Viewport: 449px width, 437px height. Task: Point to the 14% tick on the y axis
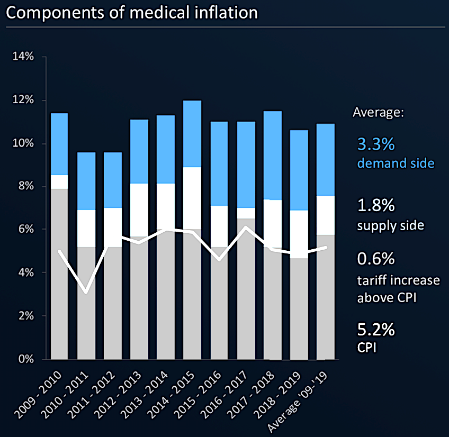(x=23, y=57)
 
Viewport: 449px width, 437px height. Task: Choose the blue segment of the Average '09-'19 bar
(x=326, y=159)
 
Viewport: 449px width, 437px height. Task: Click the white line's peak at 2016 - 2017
(x=246, y=227)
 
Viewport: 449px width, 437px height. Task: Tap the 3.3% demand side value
(x=376, y=144)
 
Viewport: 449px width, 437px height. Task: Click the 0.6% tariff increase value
(x=375, y=260)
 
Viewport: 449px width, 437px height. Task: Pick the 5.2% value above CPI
(x=375, y=330)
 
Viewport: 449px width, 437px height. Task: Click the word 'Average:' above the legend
(x=378, y=113)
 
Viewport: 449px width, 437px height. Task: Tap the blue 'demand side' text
(x=396, y=163)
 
